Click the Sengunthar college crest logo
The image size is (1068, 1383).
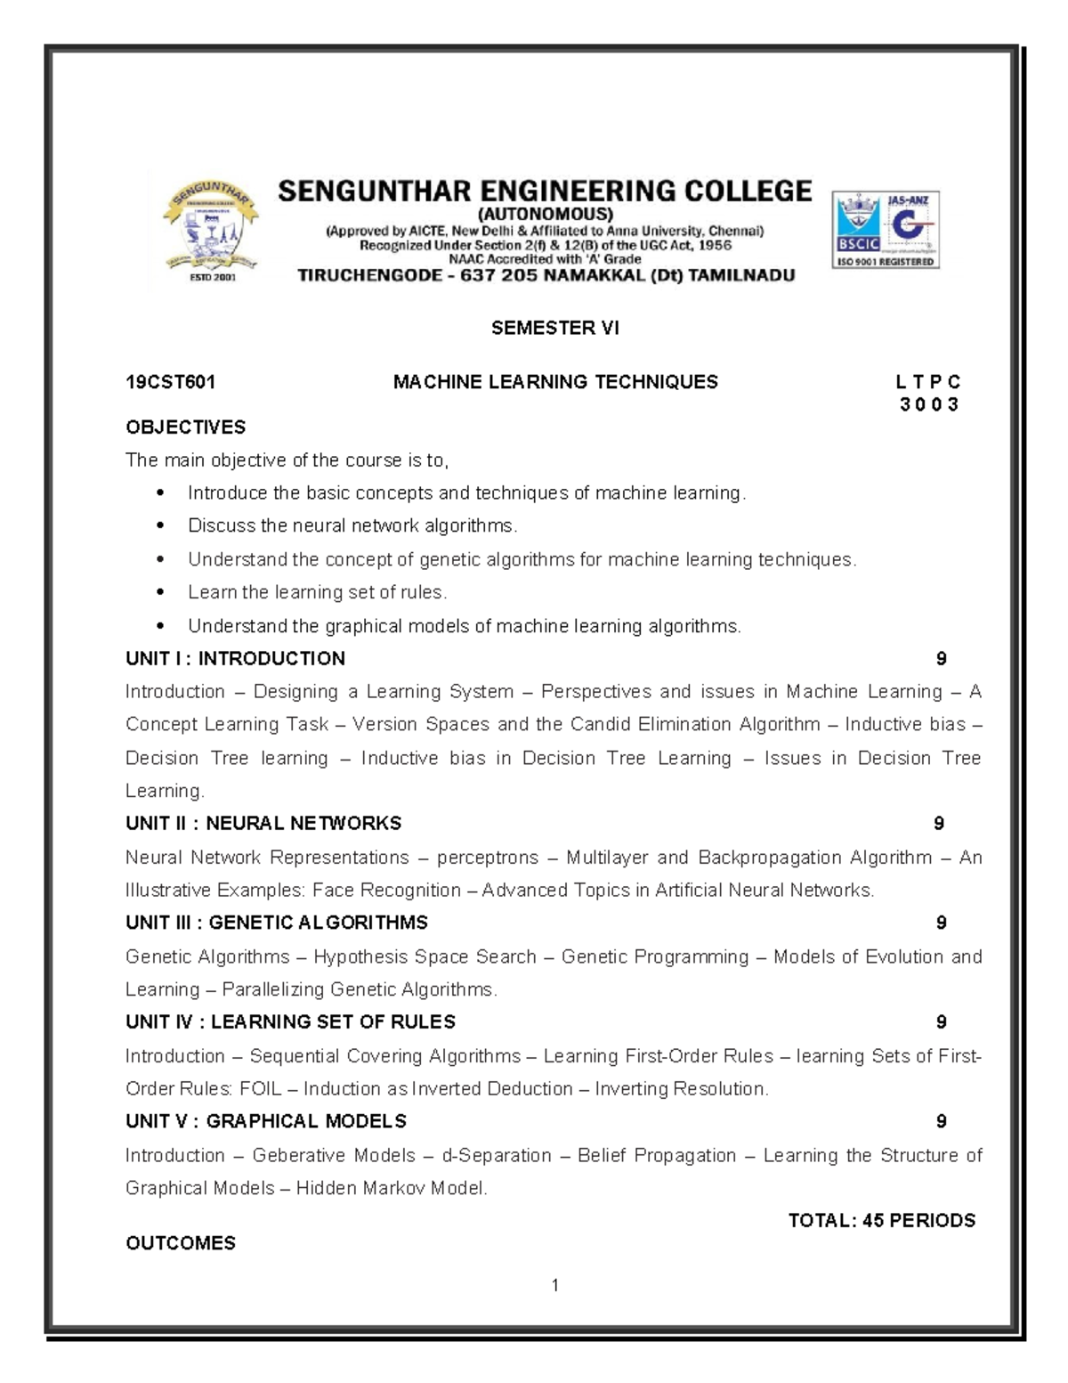point(210,229)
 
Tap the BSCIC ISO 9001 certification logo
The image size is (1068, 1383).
point(886,230)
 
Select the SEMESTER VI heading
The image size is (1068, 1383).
point(554,328)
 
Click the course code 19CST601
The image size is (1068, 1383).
point(171,382)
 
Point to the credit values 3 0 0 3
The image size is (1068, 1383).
point(929,405)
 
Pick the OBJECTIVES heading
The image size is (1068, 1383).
point(186,427)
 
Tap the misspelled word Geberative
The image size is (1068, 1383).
point(334,1155)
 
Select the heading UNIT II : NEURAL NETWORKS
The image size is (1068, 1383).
point(263,824)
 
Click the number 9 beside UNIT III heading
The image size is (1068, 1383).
point(941,923)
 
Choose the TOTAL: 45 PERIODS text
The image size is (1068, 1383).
point(882,1220)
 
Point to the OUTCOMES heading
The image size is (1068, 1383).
point(181,1243)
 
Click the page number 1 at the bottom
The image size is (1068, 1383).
point(555,1284)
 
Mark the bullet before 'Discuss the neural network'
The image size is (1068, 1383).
point(160,526)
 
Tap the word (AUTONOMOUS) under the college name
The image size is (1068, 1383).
point(545,214)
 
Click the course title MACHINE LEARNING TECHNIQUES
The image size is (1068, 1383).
point(555,382)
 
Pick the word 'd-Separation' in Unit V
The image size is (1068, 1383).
point(497,1155)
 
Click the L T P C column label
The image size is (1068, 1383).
point(928,382)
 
